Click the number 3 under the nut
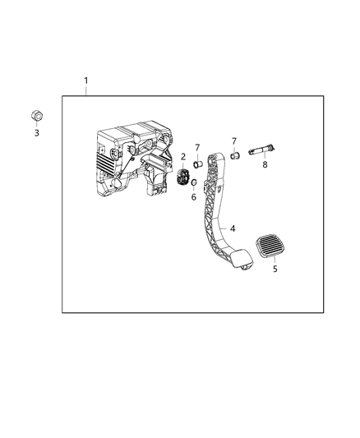36,132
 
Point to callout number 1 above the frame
86,81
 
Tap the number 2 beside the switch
182,157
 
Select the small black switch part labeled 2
184,178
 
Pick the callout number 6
194,197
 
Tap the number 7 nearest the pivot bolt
233,141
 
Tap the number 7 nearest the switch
197,148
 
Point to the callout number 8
265,164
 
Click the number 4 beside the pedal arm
233,228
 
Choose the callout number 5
275,268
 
